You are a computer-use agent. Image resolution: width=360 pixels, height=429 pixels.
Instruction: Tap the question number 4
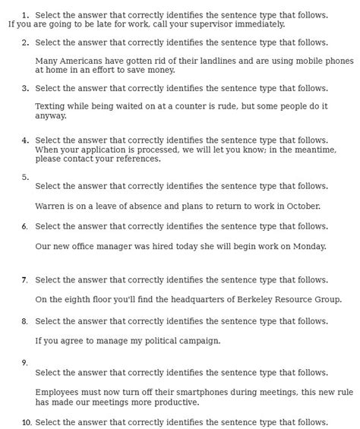25,140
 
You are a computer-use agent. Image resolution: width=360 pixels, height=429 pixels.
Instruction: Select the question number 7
25,280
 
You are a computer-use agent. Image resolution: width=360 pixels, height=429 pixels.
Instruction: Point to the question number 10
26,422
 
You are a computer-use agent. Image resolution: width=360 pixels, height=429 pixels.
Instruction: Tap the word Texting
52,107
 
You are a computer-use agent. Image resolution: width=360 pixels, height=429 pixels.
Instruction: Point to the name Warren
52,206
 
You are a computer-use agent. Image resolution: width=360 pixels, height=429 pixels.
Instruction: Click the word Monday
308,246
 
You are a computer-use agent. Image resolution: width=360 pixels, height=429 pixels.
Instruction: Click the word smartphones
185,392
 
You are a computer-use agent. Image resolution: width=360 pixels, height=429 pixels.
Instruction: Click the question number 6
25,226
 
